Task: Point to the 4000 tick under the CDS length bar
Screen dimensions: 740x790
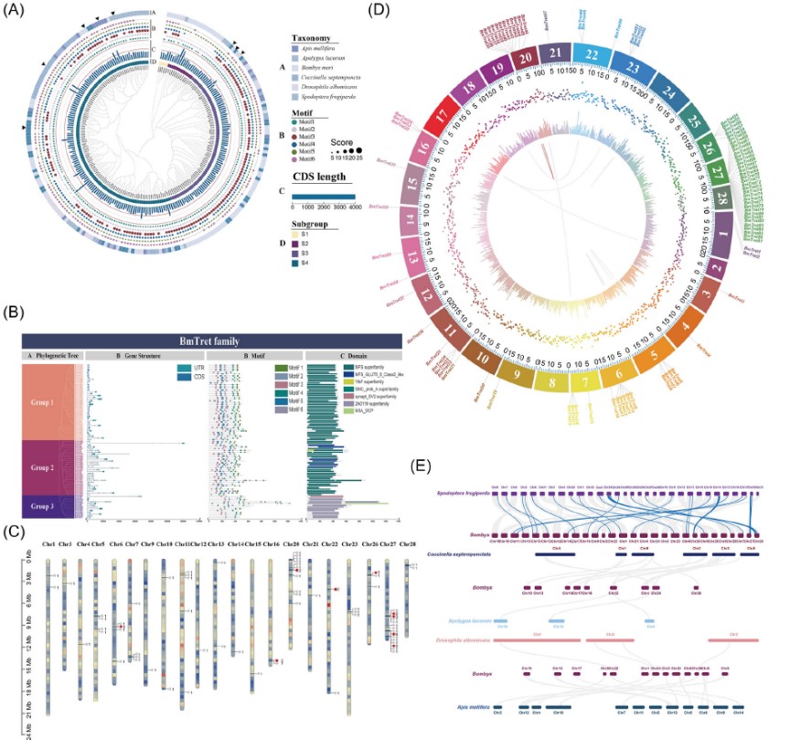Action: [353, 209]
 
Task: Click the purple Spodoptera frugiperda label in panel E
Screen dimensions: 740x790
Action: [465, 492]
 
